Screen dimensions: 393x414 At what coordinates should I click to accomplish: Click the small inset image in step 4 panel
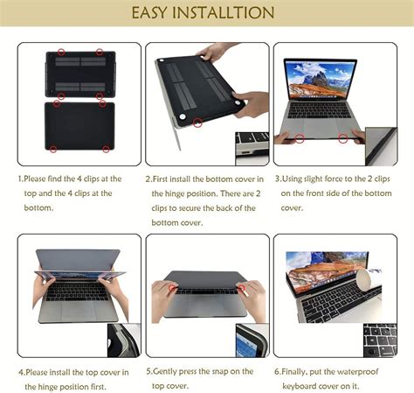(123, 340)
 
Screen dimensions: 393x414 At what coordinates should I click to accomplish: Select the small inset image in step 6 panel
(382, 340)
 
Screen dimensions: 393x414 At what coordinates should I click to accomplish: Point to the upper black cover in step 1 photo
(79, 74)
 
